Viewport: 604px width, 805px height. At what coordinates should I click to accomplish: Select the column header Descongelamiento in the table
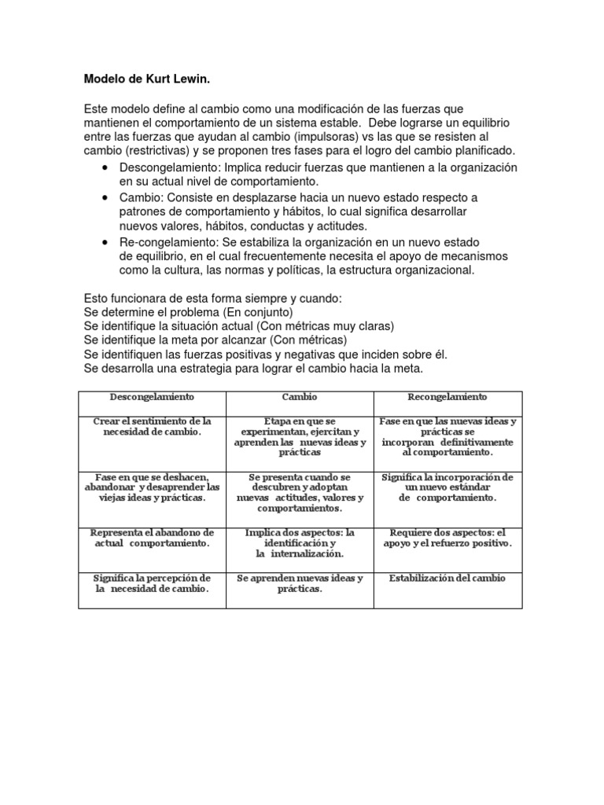[152, 397]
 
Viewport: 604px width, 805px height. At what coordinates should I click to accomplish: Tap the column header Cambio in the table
[300, 397]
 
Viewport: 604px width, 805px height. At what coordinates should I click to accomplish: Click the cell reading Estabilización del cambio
[447, 579]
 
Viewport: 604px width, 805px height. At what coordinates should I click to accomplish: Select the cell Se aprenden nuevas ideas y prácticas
[300, 584]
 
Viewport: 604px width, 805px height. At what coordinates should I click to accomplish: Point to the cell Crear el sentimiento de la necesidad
[152, 427]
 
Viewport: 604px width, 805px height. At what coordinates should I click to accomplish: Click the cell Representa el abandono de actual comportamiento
[152, 538]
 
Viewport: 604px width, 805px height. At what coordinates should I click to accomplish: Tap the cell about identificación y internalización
[300, 542]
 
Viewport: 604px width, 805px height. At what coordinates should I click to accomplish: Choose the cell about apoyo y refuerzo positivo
[447, 538]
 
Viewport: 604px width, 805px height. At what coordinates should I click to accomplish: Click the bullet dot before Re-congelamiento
[105, 242]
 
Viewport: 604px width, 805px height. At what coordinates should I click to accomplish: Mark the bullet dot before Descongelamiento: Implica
[105, 168]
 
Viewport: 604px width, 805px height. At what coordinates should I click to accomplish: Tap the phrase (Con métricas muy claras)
[324, 326]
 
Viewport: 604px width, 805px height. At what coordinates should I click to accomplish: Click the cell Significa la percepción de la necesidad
[152, 584]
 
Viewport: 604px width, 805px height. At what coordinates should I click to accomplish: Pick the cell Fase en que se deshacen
[152, 487]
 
